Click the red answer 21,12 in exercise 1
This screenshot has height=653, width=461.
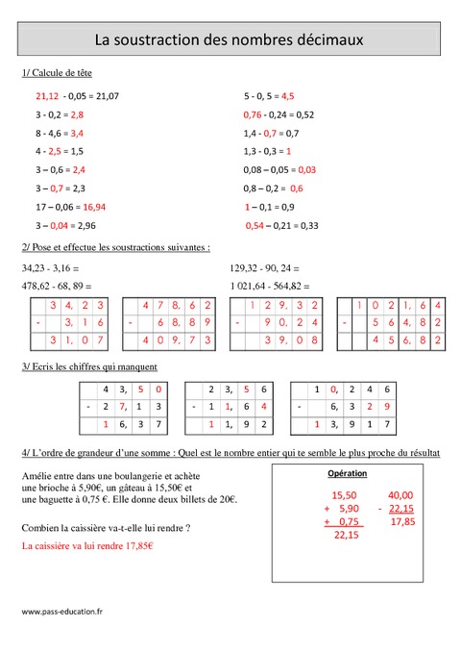click(47, 96)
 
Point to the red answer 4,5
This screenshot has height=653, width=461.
click(287, 96)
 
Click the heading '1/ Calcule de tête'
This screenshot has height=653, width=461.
click(57, 73)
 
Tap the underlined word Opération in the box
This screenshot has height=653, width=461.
click(347, 474)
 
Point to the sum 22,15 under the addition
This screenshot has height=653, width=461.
click(347, 537)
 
